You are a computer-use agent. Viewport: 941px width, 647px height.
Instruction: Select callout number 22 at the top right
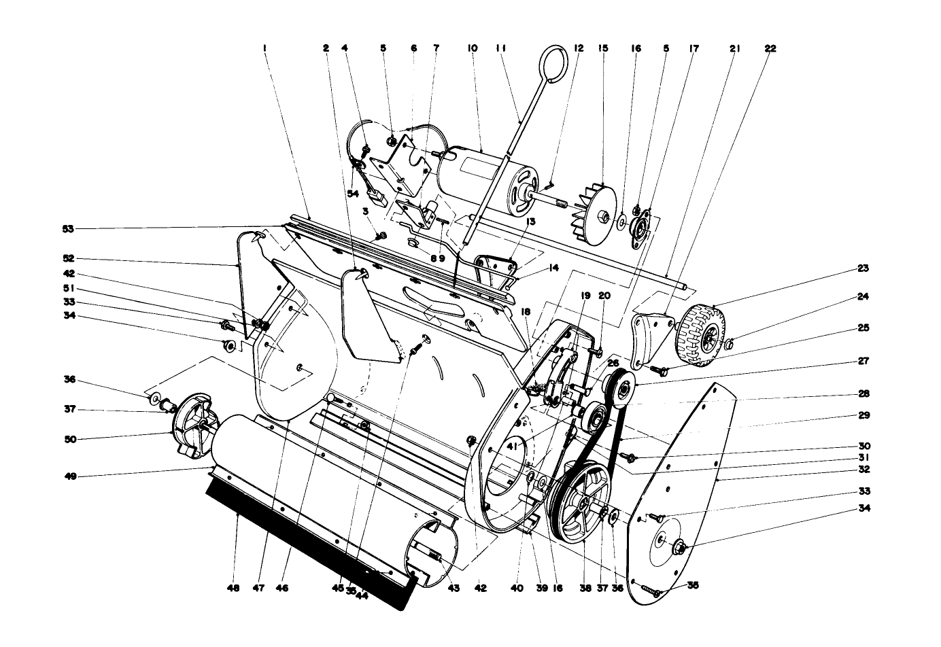click(x=770, y=48)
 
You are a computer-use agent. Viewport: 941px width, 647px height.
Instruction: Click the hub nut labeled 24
click(x=727, y=345)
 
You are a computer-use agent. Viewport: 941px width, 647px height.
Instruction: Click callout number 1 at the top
click(x=264, y=48)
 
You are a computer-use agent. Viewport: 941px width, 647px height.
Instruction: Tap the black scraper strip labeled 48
click(x=313, y=537)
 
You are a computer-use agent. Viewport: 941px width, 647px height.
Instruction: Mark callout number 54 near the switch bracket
click(x=353, y=194)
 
